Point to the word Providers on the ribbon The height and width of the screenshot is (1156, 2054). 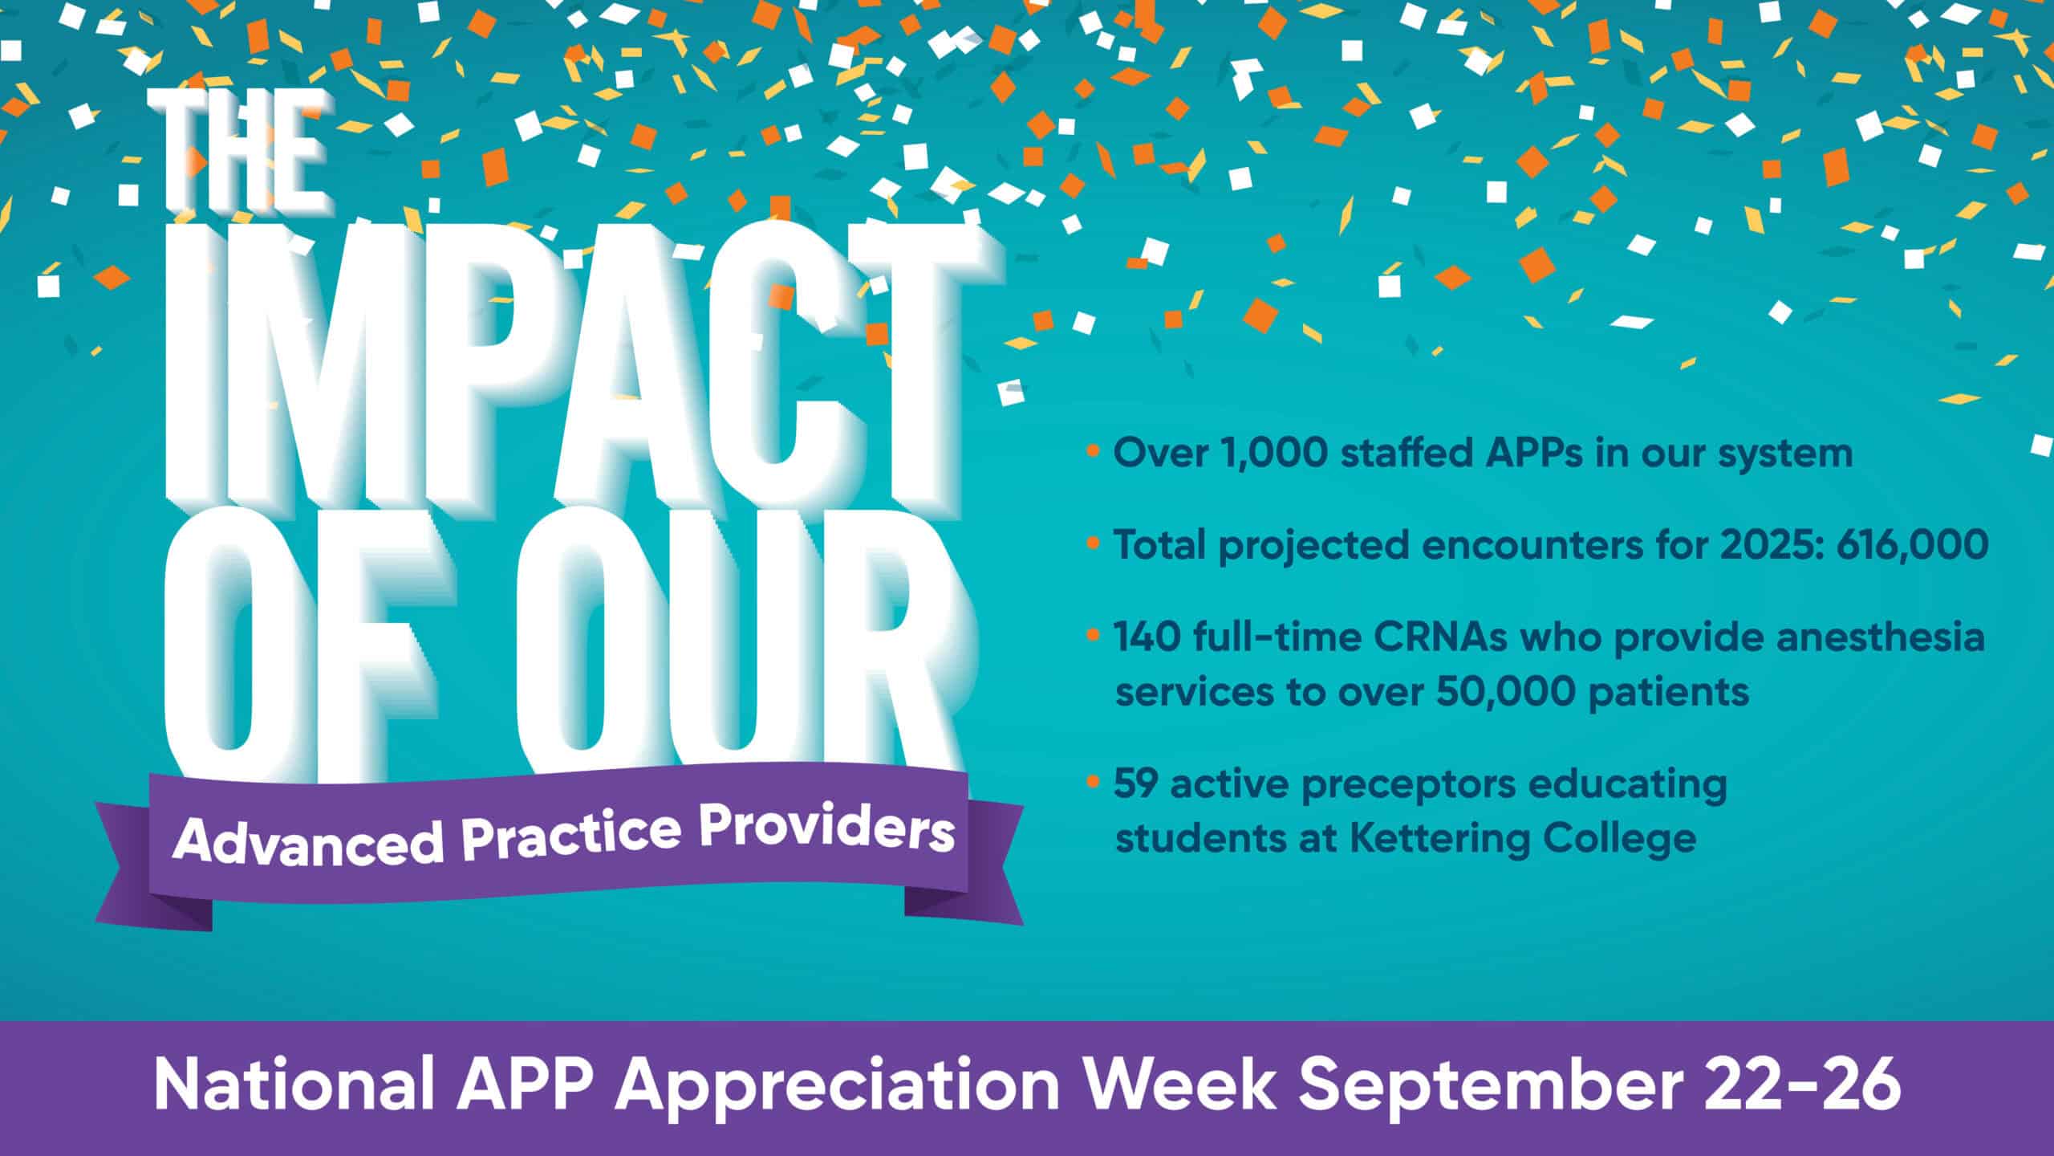point(826,831)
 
